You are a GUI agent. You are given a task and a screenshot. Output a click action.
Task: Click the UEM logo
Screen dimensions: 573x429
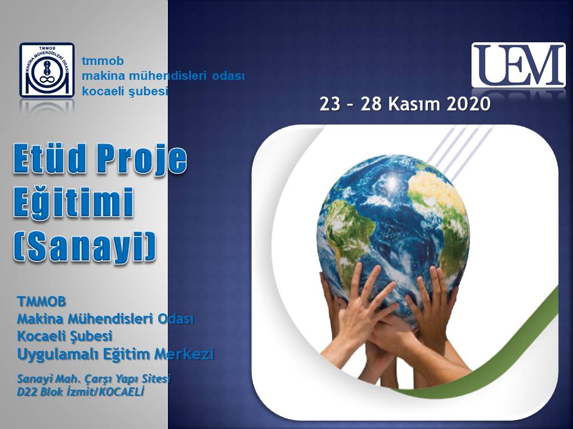[518, 66]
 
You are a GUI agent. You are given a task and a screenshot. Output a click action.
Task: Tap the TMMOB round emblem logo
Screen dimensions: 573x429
[47, 70]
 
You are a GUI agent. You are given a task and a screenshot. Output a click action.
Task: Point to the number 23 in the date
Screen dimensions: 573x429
[329, 104]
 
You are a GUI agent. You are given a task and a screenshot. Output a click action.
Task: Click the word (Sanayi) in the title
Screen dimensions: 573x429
[85, 246]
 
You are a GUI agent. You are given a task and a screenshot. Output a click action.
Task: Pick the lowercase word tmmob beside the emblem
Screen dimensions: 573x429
[103, 61]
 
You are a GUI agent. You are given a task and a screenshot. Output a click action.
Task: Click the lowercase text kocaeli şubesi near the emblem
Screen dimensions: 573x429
[125, 91]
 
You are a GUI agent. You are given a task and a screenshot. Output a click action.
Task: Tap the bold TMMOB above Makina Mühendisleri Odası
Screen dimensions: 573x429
[41, 301]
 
